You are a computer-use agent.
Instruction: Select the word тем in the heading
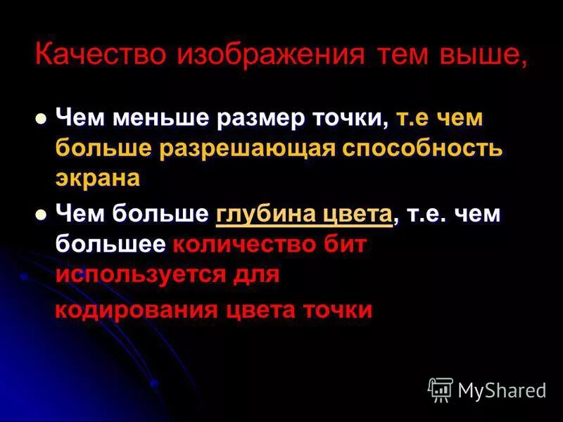396,55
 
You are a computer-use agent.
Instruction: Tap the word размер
260,118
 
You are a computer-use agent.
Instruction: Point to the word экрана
98,179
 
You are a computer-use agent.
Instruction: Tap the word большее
110,245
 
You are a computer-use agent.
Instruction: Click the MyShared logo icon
441,389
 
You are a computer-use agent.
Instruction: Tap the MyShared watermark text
502,390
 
